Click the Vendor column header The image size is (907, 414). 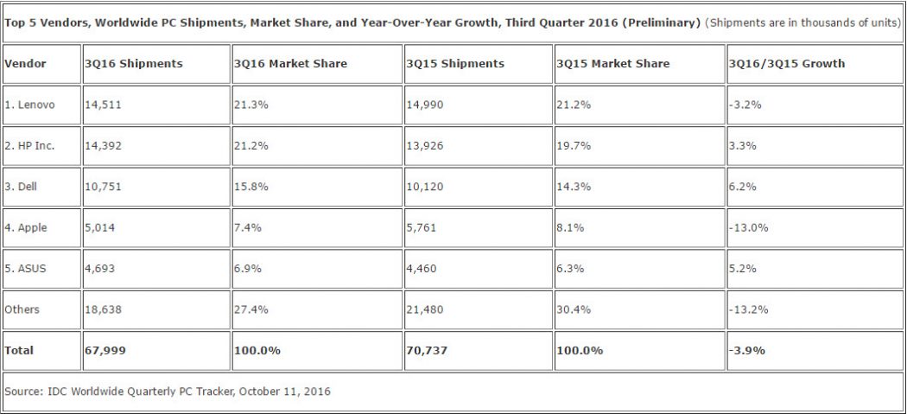25,64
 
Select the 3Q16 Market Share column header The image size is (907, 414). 291,64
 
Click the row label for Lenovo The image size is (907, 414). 30,105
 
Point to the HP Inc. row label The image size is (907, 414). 30,146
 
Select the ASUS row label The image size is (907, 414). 28,268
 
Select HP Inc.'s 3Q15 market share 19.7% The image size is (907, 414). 574,146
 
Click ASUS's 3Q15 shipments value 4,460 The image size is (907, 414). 422,268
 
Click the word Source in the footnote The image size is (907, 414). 23,392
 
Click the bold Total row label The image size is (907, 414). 19,350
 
